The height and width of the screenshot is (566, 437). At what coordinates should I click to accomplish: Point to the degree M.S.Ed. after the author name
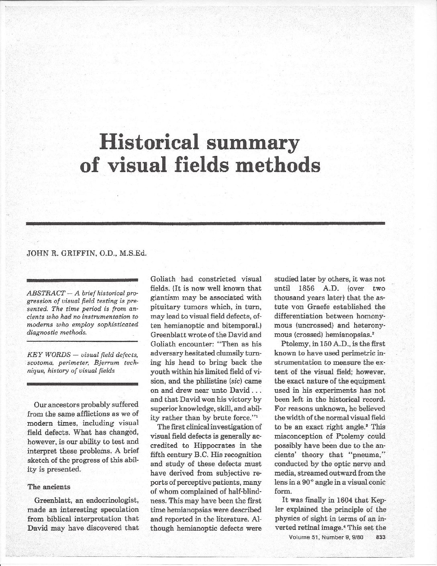point(133,253)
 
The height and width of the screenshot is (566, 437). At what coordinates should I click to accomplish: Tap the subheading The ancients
point(49,487)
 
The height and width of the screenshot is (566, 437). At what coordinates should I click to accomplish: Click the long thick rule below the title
point(205,223)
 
